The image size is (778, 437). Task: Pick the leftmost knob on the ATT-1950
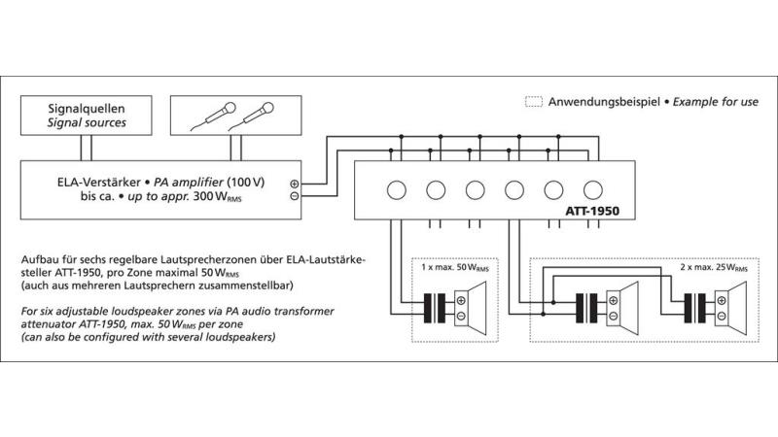click(395, 189)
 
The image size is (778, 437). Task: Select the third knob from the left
click(475, 189)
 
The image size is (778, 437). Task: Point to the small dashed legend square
click(533, 101)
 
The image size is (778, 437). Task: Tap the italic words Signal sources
click(87, 123)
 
